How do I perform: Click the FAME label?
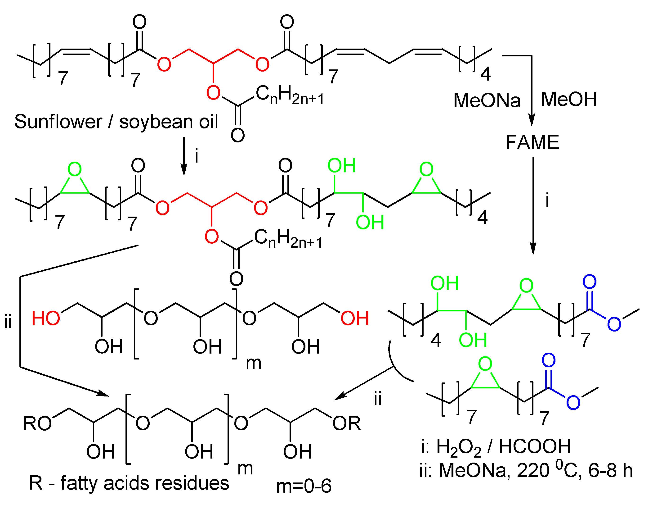pyautogui.click(x=532, y=142)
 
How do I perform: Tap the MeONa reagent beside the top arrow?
pyautogui.click(x=487, y=100)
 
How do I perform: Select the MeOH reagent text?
pyautogui.click(x=569, y=99)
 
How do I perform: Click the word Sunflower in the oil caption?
pyautogui.click(x=58, y=122)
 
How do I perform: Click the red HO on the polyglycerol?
pyautogui.click(x=46, y=318)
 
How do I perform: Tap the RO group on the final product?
pyautogui.click(x=38, y=424)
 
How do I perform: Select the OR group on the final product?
pyautogui.click(x=346, y=424)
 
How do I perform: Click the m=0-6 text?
pyautogui.click(x=304, y=486)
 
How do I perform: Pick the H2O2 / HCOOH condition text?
pyautogui.click(x=503, y=447)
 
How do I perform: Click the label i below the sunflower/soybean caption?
pyautogui.click(x=196, y=156)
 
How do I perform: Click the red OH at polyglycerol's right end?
pyautogui.click(x=355, y=318)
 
